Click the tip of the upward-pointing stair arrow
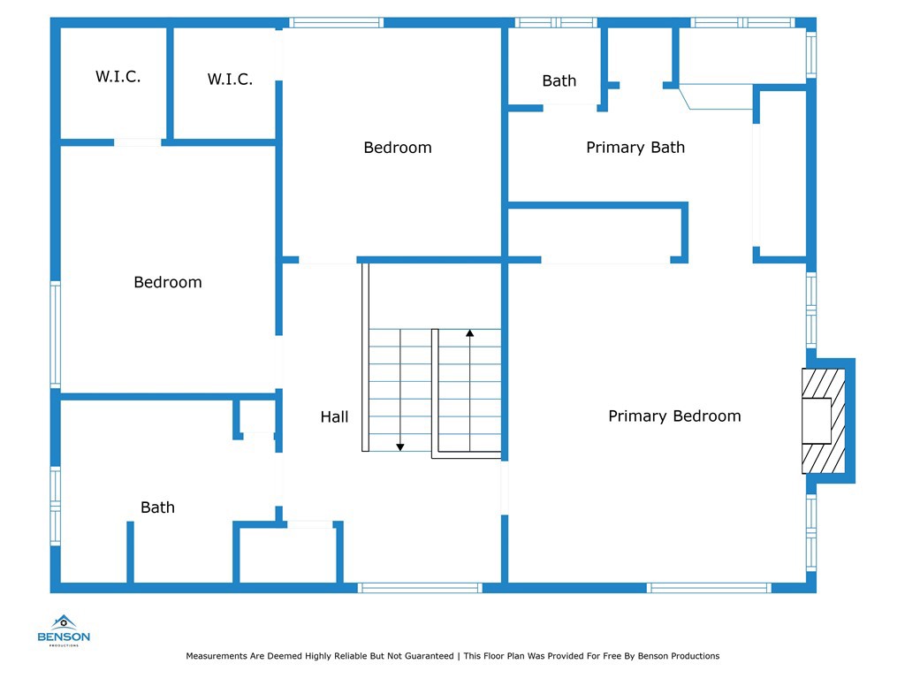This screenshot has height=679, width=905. [470, 330]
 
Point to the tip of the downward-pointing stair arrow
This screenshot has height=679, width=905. [400, 451]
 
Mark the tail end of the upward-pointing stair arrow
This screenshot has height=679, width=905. [470, 451]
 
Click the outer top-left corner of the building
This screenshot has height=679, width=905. [50, 18]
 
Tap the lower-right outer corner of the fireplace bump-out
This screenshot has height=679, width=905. [855, 483]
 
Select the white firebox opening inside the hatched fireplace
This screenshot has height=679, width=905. [816, 421]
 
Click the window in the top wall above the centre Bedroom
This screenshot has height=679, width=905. [337, 22]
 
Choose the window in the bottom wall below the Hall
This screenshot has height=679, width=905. [420, 588]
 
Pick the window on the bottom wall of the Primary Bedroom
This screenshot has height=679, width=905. [709, 588]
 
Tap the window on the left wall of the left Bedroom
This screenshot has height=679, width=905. [56, 334]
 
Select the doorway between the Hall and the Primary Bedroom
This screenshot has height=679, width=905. [505, 488]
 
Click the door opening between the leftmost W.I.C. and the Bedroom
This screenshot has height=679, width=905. [137, 142]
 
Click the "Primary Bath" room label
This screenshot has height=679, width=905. [635, 148]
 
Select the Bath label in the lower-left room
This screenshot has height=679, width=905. [157, 507]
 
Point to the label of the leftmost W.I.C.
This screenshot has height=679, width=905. [118, 76]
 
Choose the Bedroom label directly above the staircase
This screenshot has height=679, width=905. [398, 148]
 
